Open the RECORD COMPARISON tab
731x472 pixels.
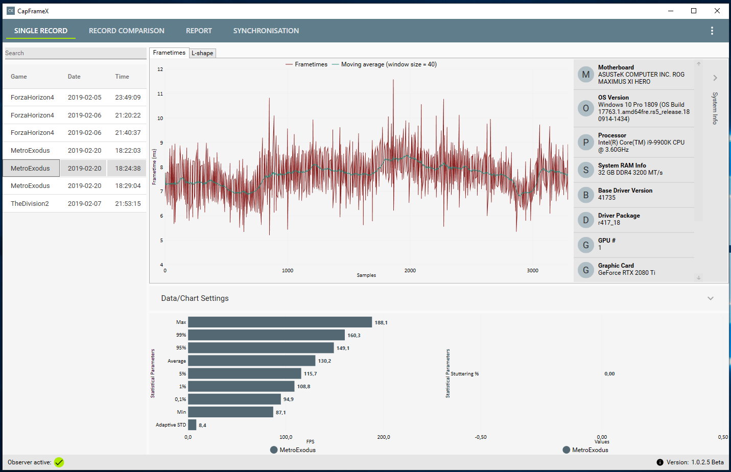127,31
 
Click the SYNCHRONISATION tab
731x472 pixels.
266,31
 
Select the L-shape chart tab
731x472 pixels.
202,53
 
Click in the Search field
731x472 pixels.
76,53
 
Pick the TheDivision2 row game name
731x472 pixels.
30,203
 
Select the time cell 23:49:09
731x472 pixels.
128,98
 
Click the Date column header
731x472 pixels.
74,77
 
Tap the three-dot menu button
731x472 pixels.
712,31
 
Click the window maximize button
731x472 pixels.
694,11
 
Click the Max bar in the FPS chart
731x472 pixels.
280,322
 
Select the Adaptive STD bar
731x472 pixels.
192,425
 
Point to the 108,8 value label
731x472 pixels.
303,387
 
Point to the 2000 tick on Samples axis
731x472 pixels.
410,271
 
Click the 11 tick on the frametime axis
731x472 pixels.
160,94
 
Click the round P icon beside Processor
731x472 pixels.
586,143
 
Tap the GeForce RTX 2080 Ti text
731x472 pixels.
626,273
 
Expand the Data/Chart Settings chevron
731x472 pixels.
710,298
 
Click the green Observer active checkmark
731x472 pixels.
59,462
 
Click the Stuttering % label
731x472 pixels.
464,374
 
